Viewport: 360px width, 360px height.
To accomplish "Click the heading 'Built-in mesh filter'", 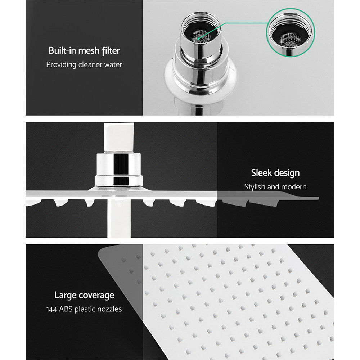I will [84, 51].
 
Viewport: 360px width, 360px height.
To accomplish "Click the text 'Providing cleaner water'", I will [84, 65].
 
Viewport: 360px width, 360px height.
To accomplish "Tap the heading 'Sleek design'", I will [275, 173].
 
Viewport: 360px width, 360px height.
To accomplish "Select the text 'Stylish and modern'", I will [275, 187].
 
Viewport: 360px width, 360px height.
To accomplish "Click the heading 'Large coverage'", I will [84, 296].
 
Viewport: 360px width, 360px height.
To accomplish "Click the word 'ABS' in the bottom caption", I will [65, 309].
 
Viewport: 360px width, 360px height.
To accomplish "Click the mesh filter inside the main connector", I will [199, 35].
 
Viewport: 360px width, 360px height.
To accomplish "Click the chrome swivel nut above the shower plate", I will [118, 169].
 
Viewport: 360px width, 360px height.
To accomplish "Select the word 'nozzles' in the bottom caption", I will [109, 309].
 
